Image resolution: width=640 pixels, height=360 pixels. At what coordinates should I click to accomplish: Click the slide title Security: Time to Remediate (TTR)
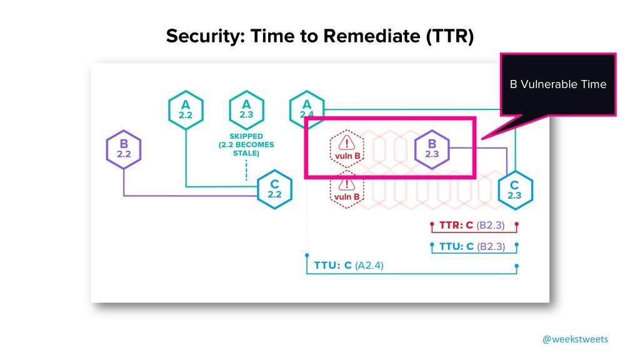(x=320, y=37)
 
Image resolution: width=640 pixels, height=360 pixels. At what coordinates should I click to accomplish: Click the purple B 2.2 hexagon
(x=123, y=151)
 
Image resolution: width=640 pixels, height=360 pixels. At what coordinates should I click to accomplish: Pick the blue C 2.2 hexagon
(x=274, y=188)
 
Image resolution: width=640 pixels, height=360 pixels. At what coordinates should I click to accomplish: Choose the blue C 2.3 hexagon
(x=514, y=189)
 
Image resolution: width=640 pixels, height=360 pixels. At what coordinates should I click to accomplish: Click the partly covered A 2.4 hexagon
(x=307, y=107)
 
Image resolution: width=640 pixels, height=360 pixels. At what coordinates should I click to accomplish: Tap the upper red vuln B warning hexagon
(x=347, y=147)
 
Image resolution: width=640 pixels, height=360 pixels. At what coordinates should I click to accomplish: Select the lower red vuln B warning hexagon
(x=347, y=189)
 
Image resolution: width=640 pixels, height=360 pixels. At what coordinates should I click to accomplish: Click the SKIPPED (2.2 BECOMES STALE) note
(x=246, y=144)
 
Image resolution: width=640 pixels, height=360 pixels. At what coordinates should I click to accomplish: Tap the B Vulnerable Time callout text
(x=557, y=84)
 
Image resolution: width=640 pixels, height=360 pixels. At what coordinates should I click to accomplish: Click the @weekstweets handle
(x=574, y=339)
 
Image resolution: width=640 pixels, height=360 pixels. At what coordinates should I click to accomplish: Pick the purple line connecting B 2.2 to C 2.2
(x=187, y=196)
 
